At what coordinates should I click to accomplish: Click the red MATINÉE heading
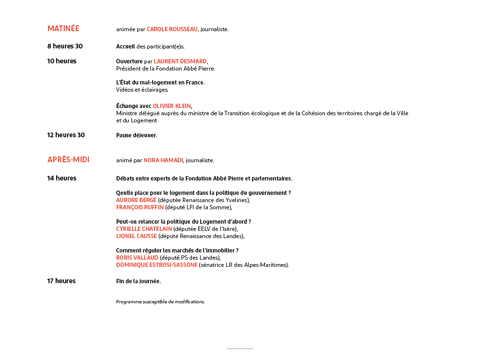pyautogui.click(x=63, y=29)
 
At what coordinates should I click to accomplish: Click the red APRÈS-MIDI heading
pyautogui.click(x=68, y=160)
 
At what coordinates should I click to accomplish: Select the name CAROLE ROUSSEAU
pyautogui.click(x=172, y=29)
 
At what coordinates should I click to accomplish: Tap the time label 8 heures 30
pyautogui.click(x=65, y=46)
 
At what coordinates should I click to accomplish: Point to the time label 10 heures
pyautogui.click(x=61, y=61)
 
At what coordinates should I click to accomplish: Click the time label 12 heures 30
pyautogui.click(x=66, y=135)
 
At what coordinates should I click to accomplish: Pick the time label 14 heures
pyautogui.click(x=61, y=178)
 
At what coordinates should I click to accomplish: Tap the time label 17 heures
pyautogui.click(x=61, y=281)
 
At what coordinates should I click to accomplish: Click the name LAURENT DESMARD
pyautogui.click(x=180, y=61)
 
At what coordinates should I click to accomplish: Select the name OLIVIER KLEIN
pyautogui.click(x=172, y=106)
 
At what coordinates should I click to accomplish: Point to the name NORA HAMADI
pyautogui.click(x=163, y=160)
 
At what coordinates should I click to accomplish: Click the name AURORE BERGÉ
pyautogui.click(x=136, y=200)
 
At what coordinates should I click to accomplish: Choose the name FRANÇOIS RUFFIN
pyautogui.click(x=140, y=207)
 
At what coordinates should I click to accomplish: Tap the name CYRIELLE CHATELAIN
pyautogui.click(x=144, y=229)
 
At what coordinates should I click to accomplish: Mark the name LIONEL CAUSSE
pyautogui.click(x=136, y=236)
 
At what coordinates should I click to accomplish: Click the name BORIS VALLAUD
pyautogui.click(x=137, y=258)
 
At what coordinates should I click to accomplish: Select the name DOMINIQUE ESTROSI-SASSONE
pyautogui.click(x=156, y=265)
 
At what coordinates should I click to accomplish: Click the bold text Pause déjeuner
pyautogui.click(x=136, y=135)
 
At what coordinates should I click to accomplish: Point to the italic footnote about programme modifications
pyautogui.click(x=160, y=302)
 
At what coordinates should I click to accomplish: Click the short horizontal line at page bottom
pyautogui.click(x=240, y=348)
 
